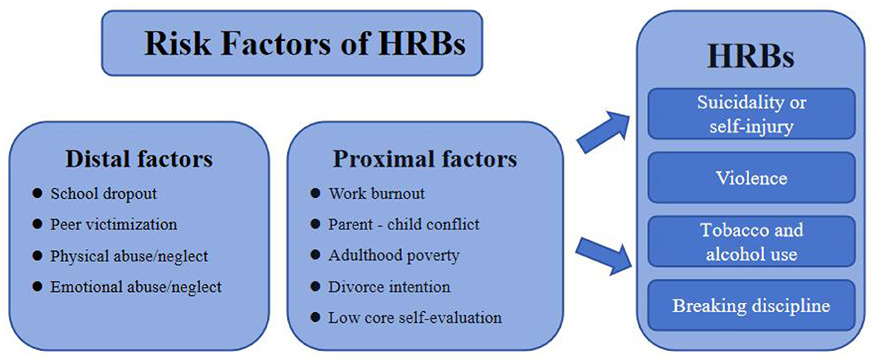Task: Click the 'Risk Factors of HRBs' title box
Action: click(291, 43)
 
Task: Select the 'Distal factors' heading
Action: click(139, 159)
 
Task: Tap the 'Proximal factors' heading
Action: click(425, 159)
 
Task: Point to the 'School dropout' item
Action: click(104, 193)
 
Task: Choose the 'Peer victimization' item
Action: click(114, 224)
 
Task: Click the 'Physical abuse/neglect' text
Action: click(128, 255)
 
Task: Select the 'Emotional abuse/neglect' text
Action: click(136, 287)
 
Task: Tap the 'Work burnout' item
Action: click(376, 193)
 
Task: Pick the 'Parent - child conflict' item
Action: click(404, 224)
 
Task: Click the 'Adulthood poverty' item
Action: click(394, 255)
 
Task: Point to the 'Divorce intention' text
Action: click(389, 287)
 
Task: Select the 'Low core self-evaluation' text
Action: click(415, 317)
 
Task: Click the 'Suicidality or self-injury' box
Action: click(751, 114)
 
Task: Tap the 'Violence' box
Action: click(751, 178)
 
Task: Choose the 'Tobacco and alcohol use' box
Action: click(751, 242)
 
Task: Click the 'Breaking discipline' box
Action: click(751, 306)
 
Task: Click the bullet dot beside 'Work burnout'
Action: click(316, 193)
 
